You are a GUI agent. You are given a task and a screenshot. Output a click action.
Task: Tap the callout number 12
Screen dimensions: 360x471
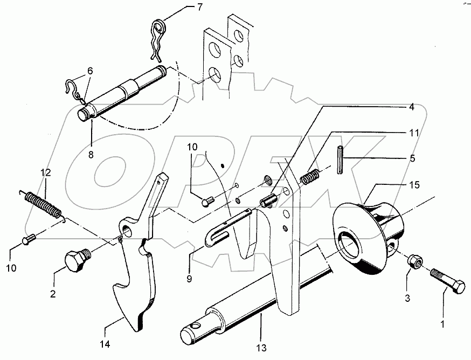pyautogui.click(x=45, y=174)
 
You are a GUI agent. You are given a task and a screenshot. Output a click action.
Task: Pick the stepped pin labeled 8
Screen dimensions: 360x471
pyautogui.click(x=124, y=92)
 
